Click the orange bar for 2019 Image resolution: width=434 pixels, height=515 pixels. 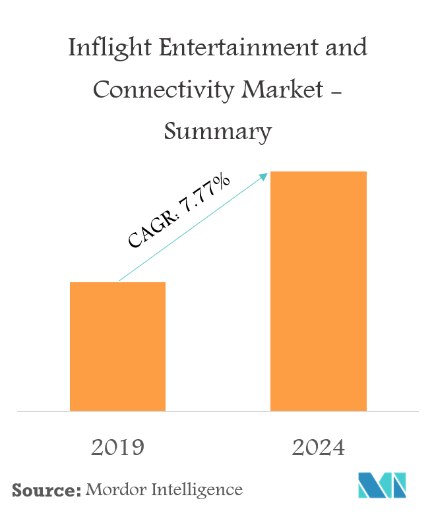[x=117, y=346]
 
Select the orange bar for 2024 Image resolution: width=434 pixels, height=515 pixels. [x=318, y=291]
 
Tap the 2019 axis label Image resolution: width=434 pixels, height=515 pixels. [x=117, y=448]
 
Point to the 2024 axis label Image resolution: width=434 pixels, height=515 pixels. [x=318, y=448]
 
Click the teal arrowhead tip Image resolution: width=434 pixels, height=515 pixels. [x=267, y=174]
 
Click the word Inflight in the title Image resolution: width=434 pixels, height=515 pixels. [x=106, y=49]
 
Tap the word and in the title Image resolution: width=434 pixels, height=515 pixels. [x=346, y=49]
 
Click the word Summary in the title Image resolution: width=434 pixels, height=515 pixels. [x=217, y=132]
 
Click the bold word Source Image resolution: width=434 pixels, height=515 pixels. [x=43, y=490]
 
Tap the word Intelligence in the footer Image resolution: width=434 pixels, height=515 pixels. [x=199, y=490]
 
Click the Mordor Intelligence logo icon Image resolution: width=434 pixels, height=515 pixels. [x=382, y=485]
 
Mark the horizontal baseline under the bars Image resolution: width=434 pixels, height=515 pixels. [x=218, y=411]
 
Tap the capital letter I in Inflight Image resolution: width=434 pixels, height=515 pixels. [x=73, y=49]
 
